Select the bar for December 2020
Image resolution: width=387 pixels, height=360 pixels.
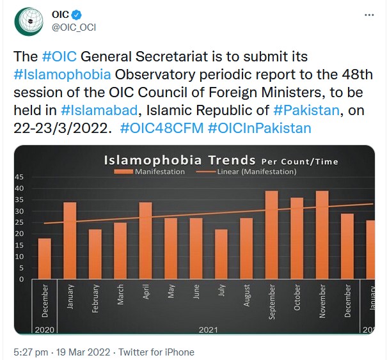45,258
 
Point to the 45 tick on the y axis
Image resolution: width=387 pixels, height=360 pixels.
19,177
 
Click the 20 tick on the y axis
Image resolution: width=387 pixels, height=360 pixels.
19,234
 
